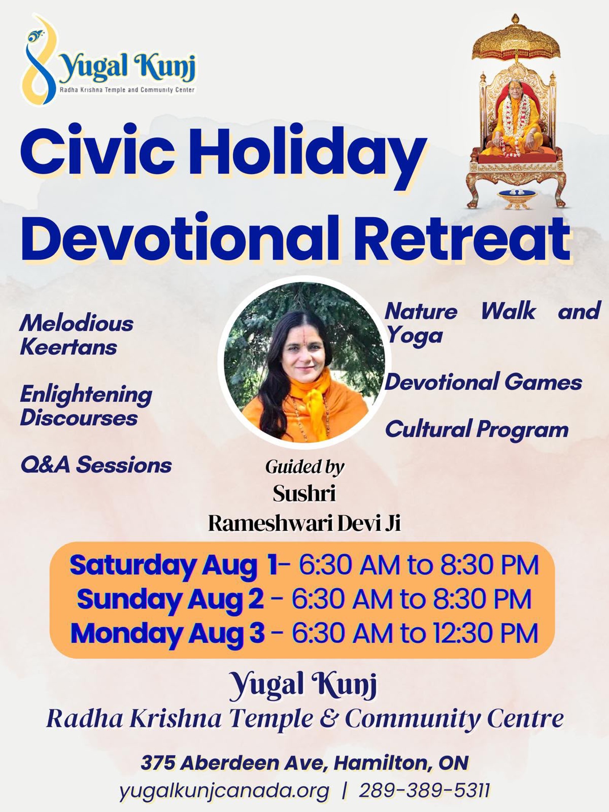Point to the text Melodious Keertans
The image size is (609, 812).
77,335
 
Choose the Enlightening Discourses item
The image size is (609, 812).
86,406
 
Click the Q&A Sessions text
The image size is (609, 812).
96,465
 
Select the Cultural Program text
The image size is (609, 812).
477,430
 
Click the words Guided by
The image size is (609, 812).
304,467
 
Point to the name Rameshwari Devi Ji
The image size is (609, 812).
304,523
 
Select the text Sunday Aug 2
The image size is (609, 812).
170,600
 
